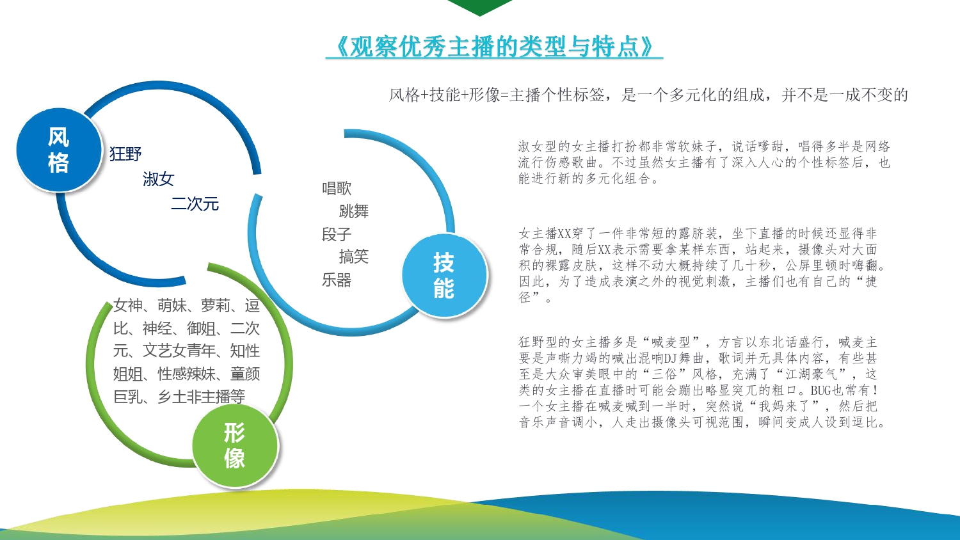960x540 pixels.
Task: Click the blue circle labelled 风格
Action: click(x=59, y=150)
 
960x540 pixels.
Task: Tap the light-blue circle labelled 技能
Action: click(x=444, y=275)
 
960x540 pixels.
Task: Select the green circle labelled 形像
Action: click(x=235, y=445)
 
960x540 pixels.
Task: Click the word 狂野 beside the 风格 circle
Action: click(x=125, y=154)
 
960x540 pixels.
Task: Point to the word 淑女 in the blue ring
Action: click(x=159, y=179)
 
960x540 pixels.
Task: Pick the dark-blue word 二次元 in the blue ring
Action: click(x=195, y=203)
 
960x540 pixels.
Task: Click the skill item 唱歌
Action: click(x=337, y=188)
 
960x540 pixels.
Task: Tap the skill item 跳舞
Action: click(x=354, y=211)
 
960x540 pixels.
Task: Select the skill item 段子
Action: click(x=337, y=234)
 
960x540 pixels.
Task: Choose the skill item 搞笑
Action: click(x=354, y=257)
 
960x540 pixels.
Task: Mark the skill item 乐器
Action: click(x=337, y=280)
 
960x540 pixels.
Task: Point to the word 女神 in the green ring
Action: click(x=128, y=306)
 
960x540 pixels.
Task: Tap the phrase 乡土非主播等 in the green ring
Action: click(x=201, y=397)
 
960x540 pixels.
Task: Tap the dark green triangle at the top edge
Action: click(x=480, y=6)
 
